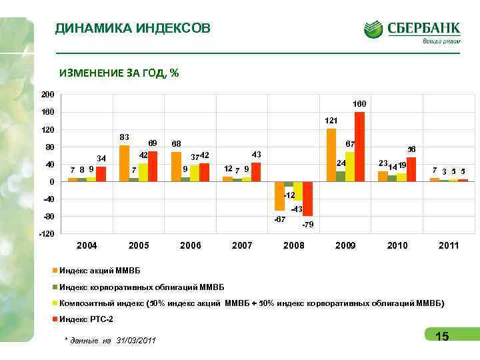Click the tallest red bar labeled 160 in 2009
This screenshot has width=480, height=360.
(359, 146)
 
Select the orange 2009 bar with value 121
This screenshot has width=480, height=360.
(331, 155)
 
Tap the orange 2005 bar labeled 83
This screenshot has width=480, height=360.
(125, 163)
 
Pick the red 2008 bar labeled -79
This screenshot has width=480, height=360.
(307, 198)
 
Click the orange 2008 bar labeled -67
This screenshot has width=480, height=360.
(279, 195)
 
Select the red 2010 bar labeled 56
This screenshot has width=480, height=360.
(411, 169)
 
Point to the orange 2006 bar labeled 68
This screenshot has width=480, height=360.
(176, 166)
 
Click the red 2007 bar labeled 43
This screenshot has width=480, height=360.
(256, 172)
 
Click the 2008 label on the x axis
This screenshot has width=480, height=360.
(294, 246)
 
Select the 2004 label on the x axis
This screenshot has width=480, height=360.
(87, 246)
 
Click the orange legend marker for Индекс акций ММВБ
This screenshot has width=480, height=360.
(55, 271)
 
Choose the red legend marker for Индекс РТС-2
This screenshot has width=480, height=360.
(55, 319)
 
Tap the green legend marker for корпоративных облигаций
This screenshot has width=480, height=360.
(55, 287)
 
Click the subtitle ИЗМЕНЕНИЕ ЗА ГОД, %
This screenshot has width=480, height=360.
(119, 73)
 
